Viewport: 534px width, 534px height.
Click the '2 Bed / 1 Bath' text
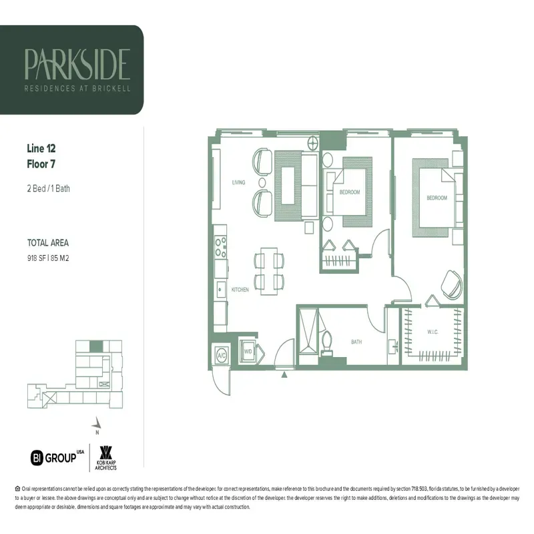coord(49,188)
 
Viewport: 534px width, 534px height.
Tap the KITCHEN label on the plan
coord(240,290)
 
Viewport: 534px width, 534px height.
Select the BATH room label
coord(356,342)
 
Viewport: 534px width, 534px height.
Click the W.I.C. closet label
coord(433,332)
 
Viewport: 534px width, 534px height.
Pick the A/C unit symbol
coord(222,355)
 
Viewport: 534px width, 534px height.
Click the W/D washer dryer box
coord(247,351)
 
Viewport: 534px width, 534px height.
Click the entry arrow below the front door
coord(285,375)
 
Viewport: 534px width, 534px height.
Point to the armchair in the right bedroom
coord(450,286)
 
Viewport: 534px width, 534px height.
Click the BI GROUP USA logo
coord(58,457)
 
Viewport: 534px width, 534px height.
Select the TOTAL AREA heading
coord(48,243)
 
